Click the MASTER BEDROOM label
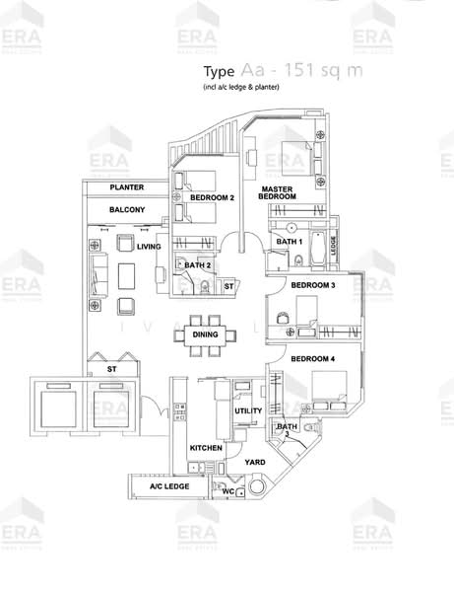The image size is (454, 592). coord(278,191)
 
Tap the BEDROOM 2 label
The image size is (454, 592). coord(212,197)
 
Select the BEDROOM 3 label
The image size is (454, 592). coord(313,286)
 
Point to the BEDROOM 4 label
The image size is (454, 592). coord(313,360)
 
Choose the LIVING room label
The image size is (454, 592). coord(149,247)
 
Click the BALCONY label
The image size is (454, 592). coord(128,210)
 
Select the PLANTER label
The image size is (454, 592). coord(128,187)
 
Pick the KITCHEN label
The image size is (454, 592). coord(206,449)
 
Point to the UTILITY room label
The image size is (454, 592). coord(246,411)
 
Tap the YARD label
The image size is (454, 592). coord(254,462)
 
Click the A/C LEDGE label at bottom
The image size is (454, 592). coord(168,486)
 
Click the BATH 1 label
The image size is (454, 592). coord(289,242)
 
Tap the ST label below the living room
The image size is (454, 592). coord(112,370)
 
